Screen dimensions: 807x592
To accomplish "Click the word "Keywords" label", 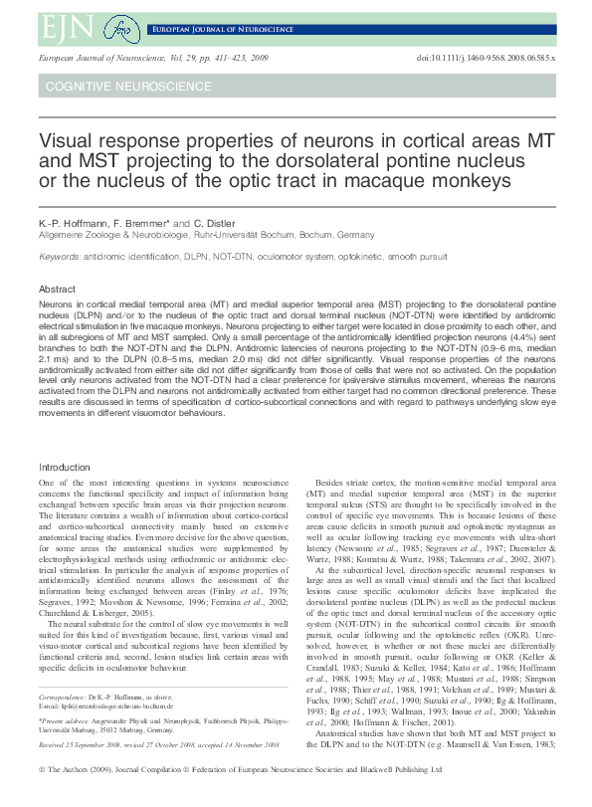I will [x=59, y=256].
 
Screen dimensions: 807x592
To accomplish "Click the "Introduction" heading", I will [x=64, y=467].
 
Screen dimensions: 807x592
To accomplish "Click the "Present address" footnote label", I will [x=65, y=724].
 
